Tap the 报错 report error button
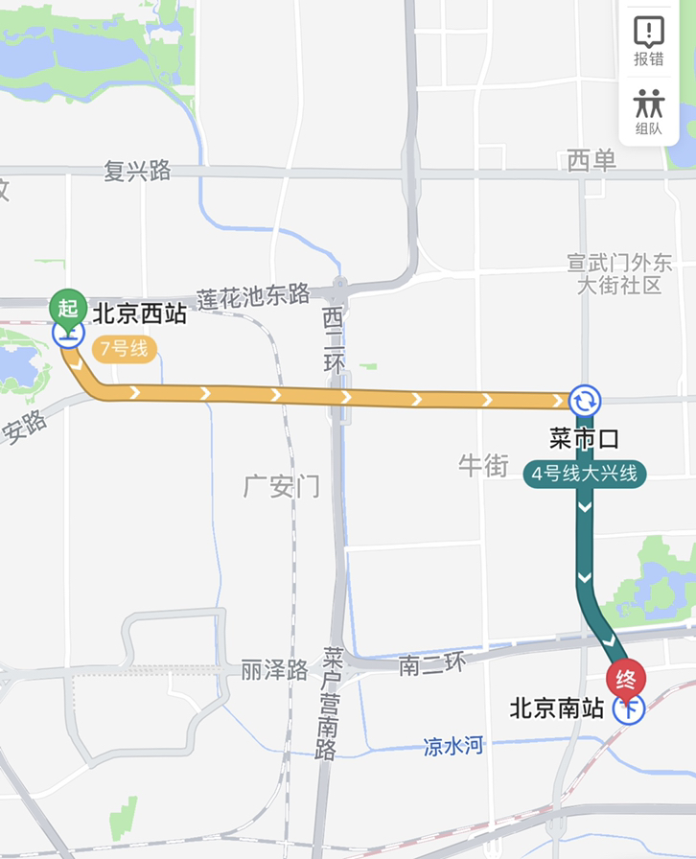point(649,41)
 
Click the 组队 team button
point(649,112)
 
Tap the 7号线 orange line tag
point(125,349)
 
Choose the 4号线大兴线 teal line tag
point(585,474)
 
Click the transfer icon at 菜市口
point(585,400)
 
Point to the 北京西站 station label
point(139,313)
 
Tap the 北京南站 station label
point(557,708)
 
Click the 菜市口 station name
point(584,439)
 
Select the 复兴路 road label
point(137,171)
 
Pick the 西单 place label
point(592,161)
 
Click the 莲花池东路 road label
point(254,295)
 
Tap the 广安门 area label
point(281,486)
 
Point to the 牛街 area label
point(483,466)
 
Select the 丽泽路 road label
point(274,668)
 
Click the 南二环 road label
point(431,664)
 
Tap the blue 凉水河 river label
point(453,746)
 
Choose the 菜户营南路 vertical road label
point(333,703)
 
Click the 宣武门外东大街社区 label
point(619,273)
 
